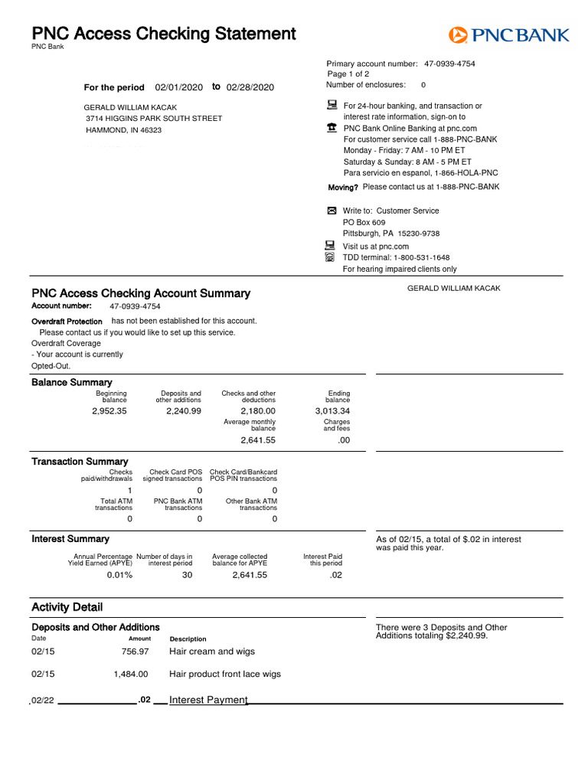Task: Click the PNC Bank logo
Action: point(508,35)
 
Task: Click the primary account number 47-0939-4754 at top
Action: point(449,64)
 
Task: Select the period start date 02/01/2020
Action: point(178,87)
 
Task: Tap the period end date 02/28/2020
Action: point(250,87)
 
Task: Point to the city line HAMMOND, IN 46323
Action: point(124,130)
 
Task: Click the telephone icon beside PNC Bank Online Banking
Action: point(332,129)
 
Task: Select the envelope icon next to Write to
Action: point(332,211)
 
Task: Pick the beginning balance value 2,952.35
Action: point(109,411)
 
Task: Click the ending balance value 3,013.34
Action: point(332,411)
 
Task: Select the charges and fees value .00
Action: point(344,440)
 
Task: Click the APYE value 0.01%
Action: point(119,575)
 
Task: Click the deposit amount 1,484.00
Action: point(131,675)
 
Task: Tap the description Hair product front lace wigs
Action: point(225,675)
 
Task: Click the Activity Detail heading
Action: point(67,607)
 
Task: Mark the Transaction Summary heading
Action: point(80,462)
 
